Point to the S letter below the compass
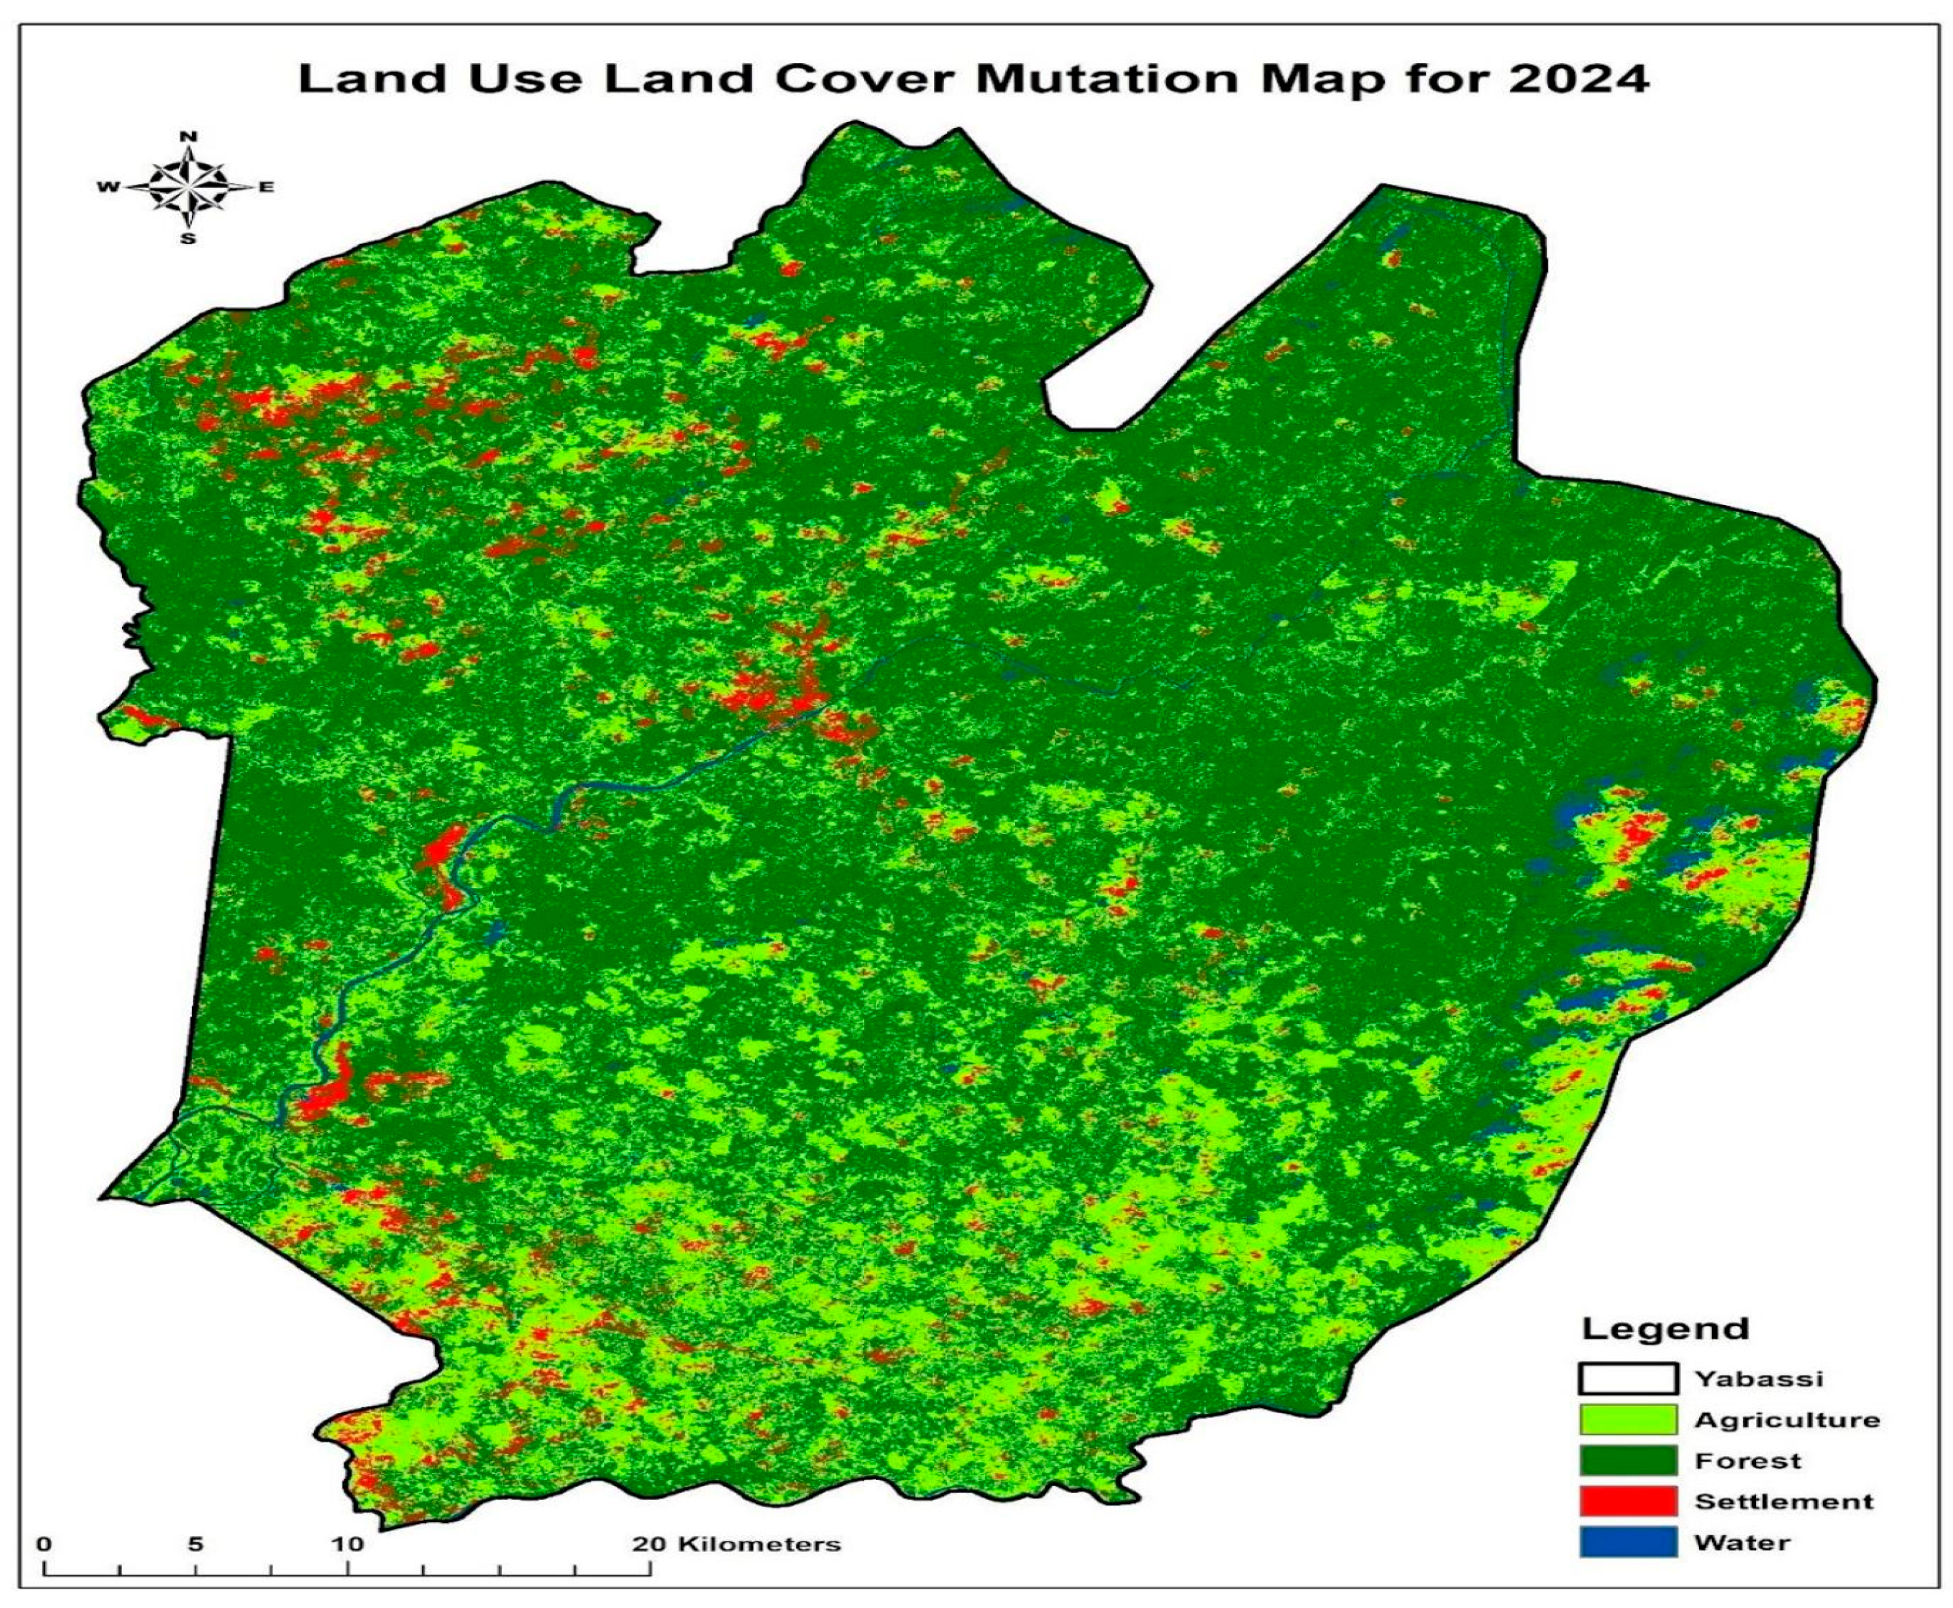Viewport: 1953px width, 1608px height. (188, 239)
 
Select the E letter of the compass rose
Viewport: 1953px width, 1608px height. (266, 187)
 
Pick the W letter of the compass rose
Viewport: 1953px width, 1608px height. (108, 187)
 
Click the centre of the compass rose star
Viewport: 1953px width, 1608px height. (188, 187)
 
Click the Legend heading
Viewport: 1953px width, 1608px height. (1665, 1328)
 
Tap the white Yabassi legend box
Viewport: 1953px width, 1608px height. (1627, 1378)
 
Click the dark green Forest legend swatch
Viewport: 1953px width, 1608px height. (1627, 1461)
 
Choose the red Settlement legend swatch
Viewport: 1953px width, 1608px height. (1627, 1501)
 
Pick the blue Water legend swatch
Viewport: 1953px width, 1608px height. (1627, 1542)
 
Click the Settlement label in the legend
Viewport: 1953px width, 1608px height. (1783, 1501)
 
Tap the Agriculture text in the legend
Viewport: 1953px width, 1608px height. (1787, 1420)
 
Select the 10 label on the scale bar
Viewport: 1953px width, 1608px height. (348, 1544)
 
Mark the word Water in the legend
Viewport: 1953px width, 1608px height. (1742, 1542)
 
